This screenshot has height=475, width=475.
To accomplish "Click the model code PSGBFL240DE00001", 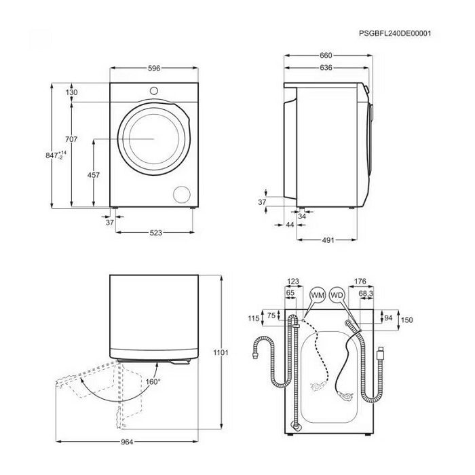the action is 395,33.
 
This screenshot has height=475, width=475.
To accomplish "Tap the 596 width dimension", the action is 154,69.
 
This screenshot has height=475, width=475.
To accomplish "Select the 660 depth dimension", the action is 326,56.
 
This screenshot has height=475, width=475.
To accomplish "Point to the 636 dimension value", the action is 326,68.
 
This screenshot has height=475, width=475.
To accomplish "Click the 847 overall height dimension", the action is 56,155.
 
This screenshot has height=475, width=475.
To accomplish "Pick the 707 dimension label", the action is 71,139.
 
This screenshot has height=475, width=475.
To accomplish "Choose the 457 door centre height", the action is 94,175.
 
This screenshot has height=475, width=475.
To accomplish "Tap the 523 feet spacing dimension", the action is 155,233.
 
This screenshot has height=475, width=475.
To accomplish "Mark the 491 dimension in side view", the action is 328,240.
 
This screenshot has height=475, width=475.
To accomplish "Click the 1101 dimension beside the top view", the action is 221,353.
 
